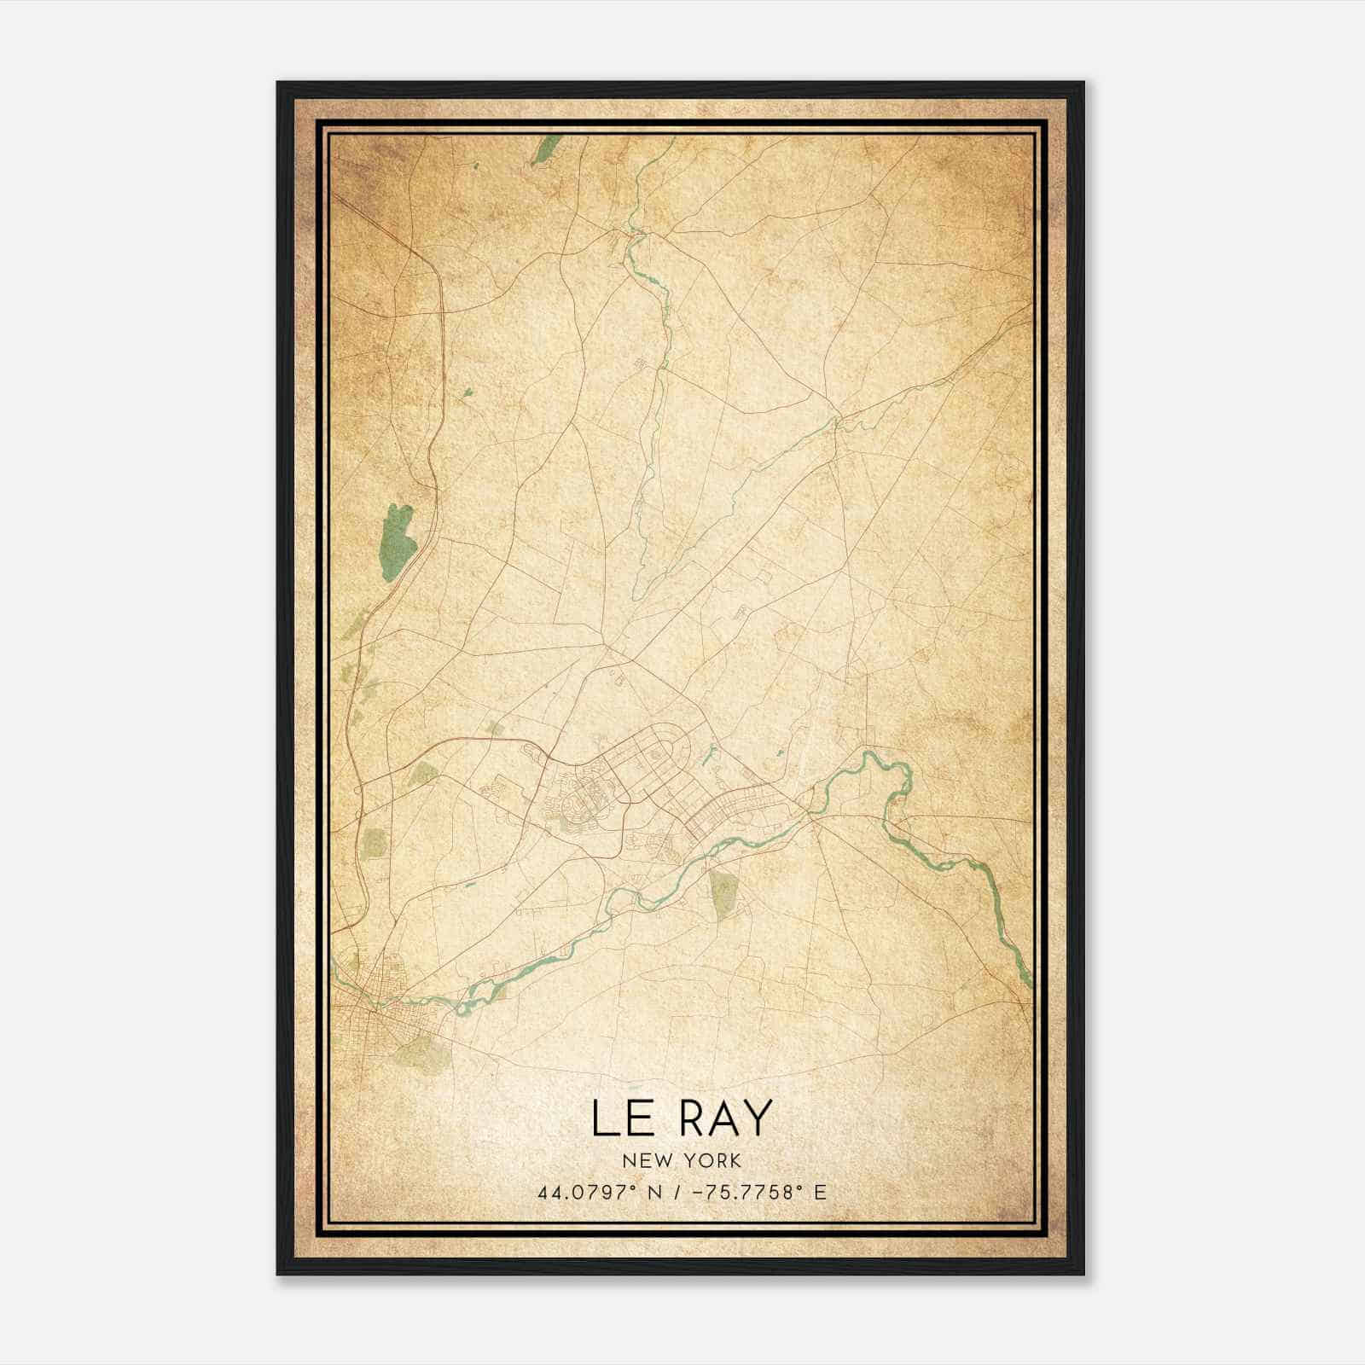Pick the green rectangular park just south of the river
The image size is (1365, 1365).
723,894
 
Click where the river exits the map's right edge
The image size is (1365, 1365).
1029,981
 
